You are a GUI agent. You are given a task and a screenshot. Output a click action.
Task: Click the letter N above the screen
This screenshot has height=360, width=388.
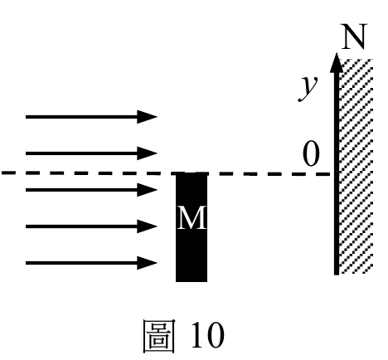pos(354,36)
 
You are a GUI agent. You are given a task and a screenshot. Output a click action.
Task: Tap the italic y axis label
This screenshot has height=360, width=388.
pos(308,87)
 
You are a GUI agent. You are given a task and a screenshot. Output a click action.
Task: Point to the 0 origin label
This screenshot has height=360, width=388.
pos(311,153)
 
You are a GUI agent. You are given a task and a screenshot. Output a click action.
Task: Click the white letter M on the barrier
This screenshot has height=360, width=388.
pos(192,218)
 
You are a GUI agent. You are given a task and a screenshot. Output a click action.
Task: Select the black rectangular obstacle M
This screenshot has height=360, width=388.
pos(192,227)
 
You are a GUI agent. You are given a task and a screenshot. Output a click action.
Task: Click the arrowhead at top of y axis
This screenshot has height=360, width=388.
pos(337,62)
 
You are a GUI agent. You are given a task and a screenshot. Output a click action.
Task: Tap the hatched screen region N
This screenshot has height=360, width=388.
pos(356,167)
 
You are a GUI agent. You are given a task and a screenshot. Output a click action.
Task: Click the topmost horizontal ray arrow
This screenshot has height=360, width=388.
pos(91,117)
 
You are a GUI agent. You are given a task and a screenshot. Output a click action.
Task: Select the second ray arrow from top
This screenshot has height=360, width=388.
pos(91,153)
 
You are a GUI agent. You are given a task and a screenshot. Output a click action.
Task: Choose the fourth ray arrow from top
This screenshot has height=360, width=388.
pos(91,226)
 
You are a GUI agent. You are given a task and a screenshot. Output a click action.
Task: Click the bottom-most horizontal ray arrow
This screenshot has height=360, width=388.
pos(91,263)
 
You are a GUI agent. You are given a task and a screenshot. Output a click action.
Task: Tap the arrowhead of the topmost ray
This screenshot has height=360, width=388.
pos(147,117)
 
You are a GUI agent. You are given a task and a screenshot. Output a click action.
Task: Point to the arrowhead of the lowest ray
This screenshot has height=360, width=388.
pos(147,263)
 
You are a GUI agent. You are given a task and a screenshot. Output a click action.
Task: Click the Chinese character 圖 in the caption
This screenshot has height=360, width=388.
pos(159,336)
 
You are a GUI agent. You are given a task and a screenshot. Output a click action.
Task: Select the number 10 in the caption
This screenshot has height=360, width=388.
pos(207,335)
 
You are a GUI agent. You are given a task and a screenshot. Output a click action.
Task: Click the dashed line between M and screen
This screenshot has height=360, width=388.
pos(269,174)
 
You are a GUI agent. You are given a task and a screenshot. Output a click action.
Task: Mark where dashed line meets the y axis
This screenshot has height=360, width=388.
pos(337,174)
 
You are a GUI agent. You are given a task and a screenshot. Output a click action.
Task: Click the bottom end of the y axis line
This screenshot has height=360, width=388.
pos(337,275)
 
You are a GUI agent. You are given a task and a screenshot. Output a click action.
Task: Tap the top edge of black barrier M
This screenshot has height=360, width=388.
pos(192,173)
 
